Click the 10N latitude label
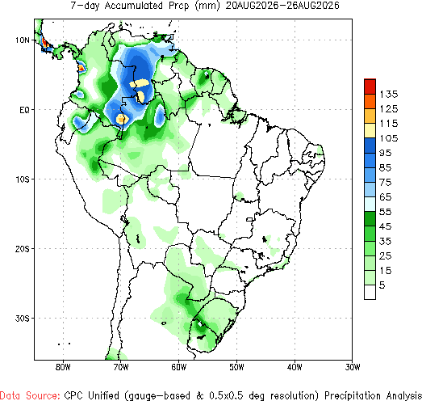(22, 40)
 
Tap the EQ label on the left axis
(24, 110)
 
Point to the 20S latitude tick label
(22, 249)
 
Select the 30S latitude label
(22, 319)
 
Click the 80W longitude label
(63, 367)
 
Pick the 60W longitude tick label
(178, 367)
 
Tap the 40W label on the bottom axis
(295, 367)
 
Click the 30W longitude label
(353, 367)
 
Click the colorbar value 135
(389, 95)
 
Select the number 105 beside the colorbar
(389, 138)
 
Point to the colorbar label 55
(385, 212)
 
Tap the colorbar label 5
(382, 285)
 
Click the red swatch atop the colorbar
(370, 87)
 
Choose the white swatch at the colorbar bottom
(370, 292)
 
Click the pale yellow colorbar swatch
(370, 131)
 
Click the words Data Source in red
(30, 395)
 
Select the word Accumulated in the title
(133, 6)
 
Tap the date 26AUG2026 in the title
(313, 6)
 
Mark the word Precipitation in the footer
(353, 395)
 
